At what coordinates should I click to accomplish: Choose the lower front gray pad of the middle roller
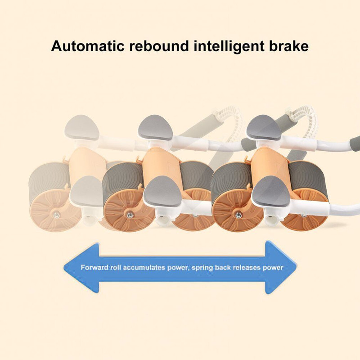162,191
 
